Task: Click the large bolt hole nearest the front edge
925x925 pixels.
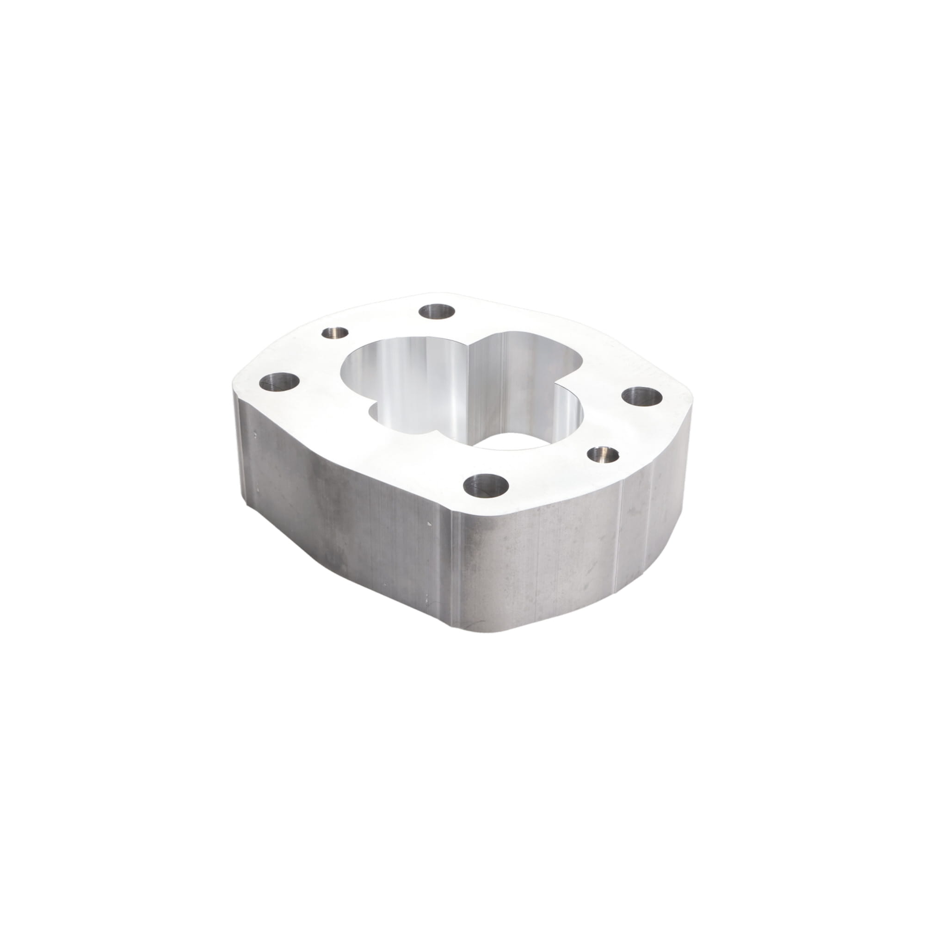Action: click(x=486, y=486)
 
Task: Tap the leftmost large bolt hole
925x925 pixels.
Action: click(x=279, y=382)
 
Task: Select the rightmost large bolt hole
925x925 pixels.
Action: click(x=642, y=395)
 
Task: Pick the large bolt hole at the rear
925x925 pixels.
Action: click(x=437, y=312)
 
